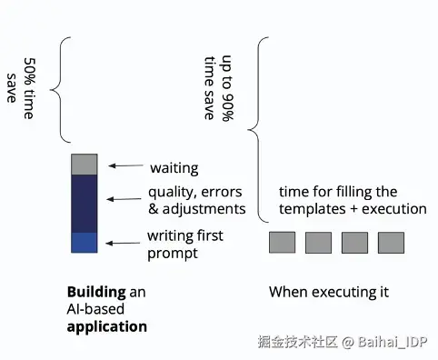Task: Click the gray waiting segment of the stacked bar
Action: click(84, 165)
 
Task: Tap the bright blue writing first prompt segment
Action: click(84, 242)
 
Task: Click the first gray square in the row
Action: click(281, 243)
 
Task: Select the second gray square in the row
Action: click(318, 243)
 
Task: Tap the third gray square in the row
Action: click(354, 243)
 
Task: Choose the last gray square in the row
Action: click(391, 243)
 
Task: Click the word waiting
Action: click(174, 168)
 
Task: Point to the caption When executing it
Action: click(328, 293)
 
